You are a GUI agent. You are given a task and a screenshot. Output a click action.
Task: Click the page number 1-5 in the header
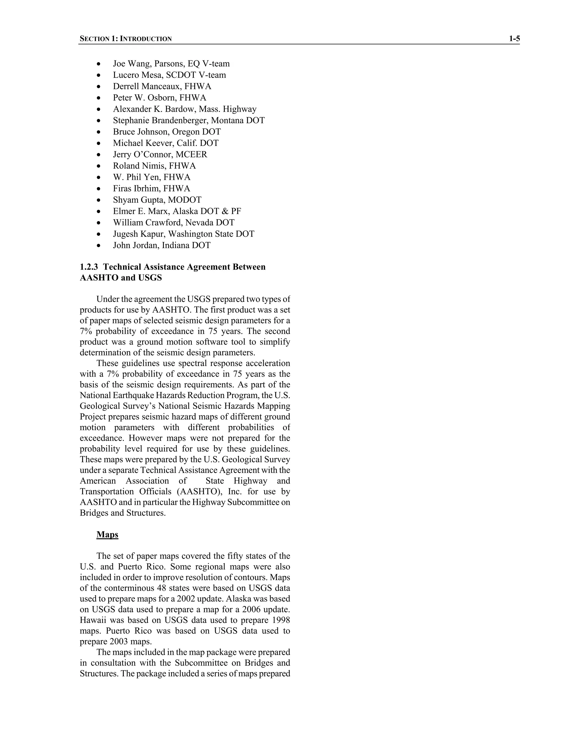[x=514, y=39]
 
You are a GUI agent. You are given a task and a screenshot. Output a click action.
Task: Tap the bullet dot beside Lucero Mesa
[x=98, y=75]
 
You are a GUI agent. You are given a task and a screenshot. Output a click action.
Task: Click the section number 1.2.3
[x=89, y=267]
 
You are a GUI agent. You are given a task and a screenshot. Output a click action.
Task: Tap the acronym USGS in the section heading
[x=150, y=278]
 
